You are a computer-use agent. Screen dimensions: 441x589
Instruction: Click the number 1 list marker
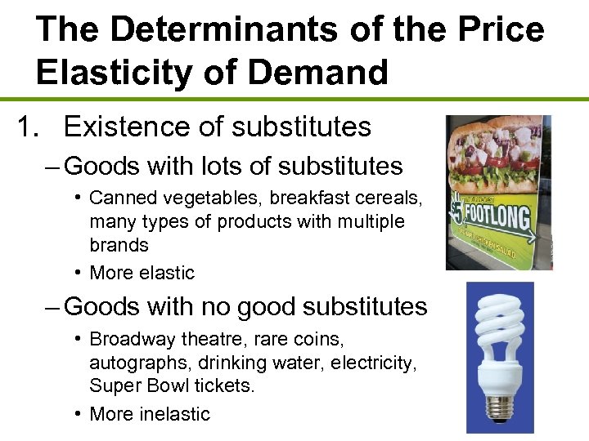pos(27,127)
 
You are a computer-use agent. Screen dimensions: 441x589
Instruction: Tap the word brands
pos(119,245)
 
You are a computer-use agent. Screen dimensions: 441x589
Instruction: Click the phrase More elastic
pos(142,273)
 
